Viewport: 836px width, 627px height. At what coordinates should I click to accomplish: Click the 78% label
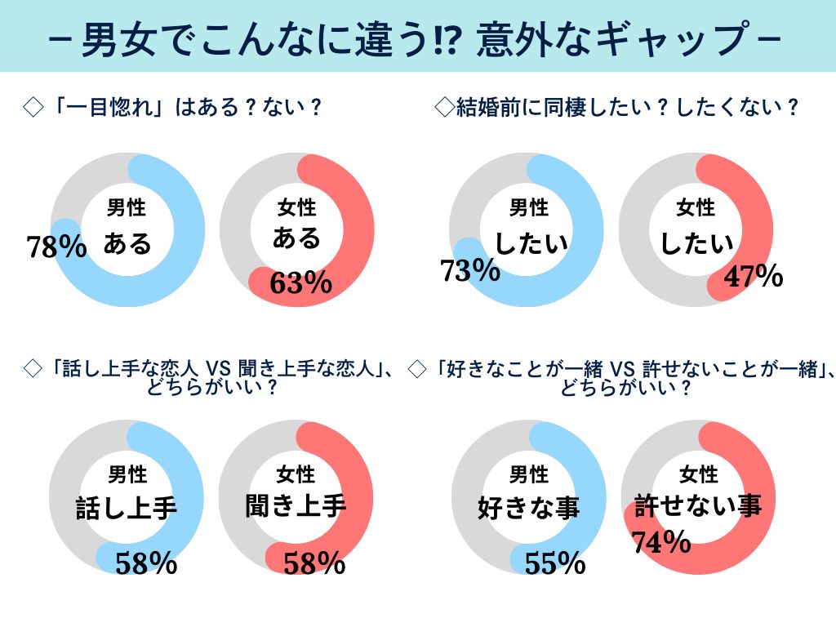click(x=56, y=247)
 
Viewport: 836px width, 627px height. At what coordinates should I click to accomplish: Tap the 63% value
click(x=300, y=282)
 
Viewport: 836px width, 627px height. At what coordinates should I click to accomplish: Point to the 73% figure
click(x=470, y=270)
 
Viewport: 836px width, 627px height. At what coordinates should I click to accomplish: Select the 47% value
click(x=754, y=277)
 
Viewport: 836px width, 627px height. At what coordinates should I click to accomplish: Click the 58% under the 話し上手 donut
click(x=146, y=563)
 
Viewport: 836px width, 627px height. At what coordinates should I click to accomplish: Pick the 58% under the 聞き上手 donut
click(x=314, y=563)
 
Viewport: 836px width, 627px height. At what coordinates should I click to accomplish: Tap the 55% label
click(x=555, y=563)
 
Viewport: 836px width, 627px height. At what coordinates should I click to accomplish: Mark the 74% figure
click(x=662, y=541)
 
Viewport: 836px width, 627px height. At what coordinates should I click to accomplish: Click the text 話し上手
click(x=127, y=508)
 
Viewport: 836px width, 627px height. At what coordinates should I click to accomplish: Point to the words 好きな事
click(x=528, y=508)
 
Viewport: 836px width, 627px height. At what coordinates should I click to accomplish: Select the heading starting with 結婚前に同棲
click(x=616, y=108)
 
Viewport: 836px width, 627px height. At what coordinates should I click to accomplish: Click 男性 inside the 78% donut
click(x=127, y=207)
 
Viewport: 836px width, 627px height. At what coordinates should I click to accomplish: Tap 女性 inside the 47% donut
click(x=696, y=207)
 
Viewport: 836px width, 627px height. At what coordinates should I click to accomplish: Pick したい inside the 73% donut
click(x=528, y=242)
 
